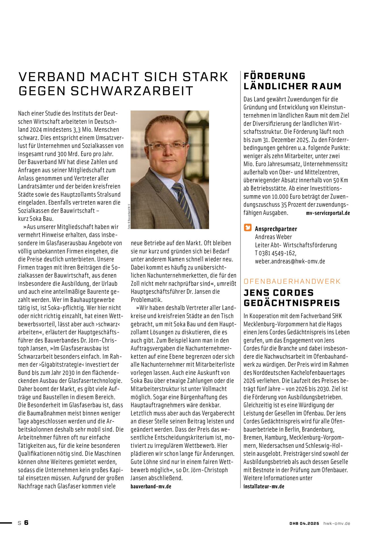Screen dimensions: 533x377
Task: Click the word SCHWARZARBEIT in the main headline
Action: tap(132, 91)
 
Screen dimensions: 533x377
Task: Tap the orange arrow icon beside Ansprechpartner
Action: tap(248, 228)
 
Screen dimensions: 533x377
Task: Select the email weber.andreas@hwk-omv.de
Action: tap(290, 261)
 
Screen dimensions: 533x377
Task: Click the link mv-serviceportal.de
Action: tap(328, 213)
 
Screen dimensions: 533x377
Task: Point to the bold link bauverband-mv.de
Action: tap(151, 486)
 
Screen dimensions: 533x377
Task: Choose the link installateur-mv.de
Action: tap(264, 486)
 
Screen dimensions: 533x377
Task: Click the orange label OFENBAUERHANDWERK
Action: tap(292, 281)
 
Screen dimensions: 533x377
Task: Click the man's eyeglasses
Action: tap(167, 146)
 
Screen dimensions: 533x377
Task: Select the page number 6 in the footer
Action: tap(26, 523)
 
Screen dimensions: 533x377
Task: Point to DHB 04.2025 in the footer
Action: tap(304, 523)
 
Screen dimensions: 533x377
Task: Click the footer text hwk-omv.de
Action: tap(337, 523)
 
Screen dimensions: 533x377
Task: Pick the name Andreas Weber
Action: tap(273, 237)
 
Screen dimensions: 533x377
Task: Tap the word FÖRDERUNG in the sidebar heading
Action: tap(274, 76)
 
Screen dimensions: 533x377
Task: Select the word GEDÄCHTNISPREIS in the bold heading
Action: tap(292, 303)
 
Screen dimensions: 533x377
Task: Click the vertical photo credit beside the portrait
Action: tap(129, 216)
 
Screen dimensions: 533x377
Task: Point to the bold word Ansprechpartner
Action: tap(276, 229)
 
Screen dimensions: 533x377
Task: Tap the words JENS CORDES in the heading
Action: tap(279, 293)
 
